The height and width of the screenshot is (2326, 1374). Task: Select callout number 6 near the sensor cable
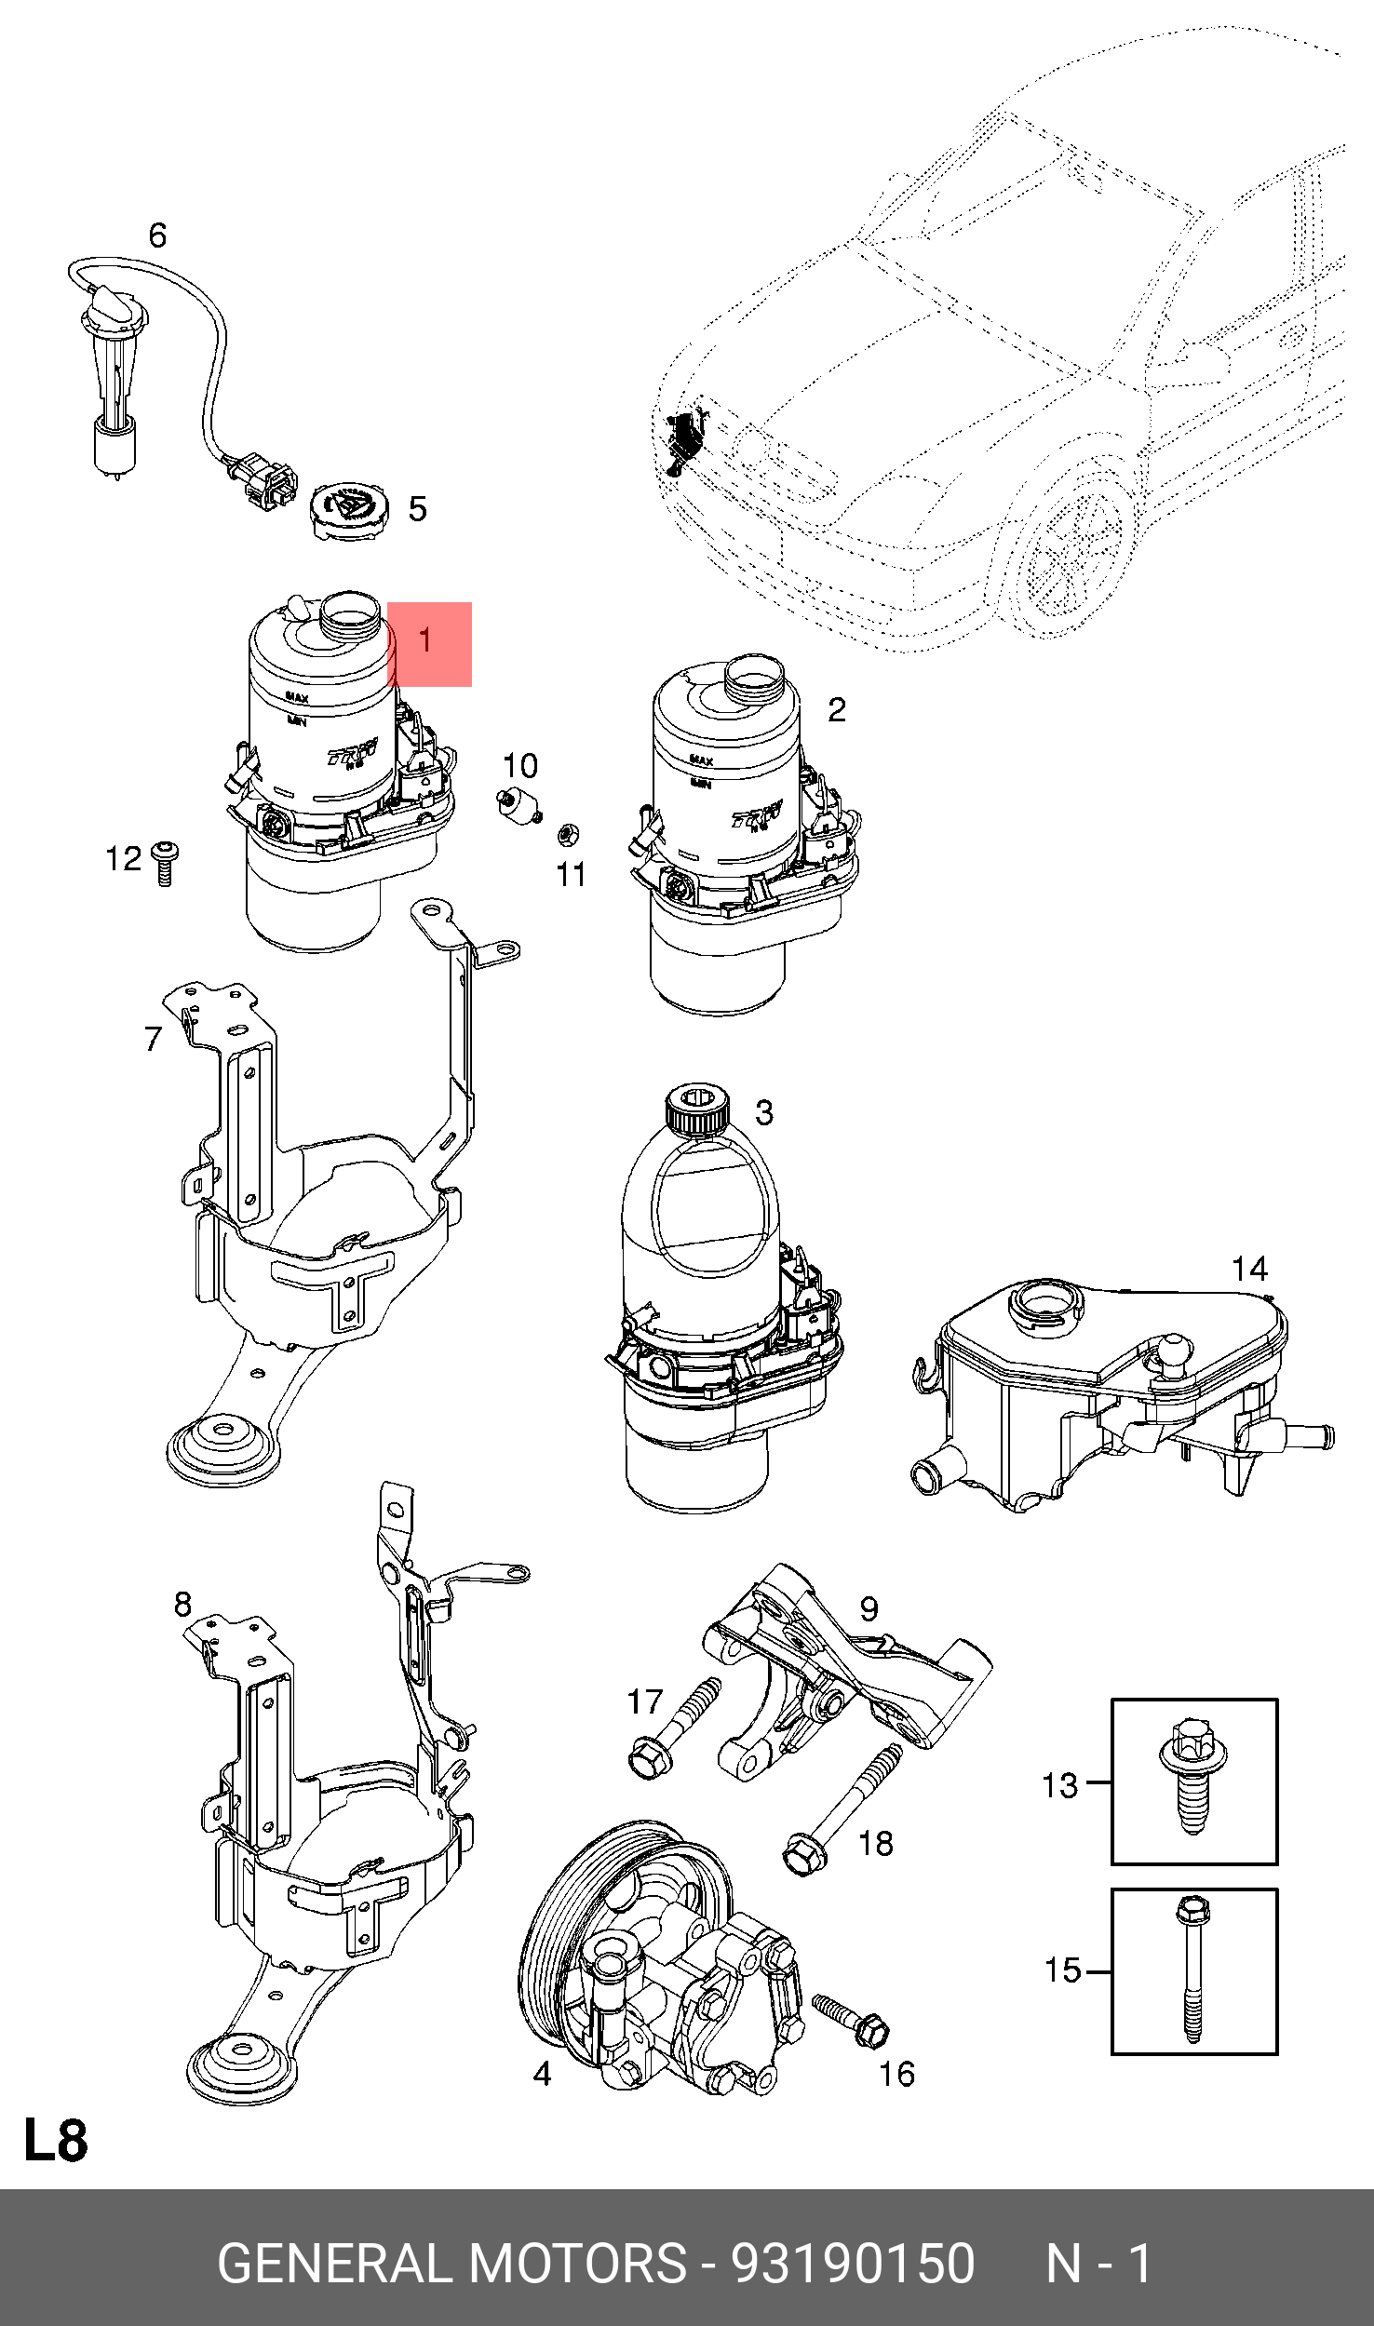click(157, 235)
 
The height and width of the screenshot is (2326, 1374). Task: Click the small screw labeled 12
click(164, 862)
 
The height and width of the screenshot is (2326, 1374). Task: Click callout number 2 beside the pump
click(837, 710)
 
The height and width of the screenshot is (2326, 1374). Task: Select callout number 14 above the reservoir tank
click(1249, 1269)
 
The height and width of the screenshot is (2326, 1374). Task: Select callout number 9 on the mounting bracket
click(869, 1608)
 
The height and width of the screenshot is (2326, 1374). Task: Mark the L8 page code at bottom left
click(56, 2140)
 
